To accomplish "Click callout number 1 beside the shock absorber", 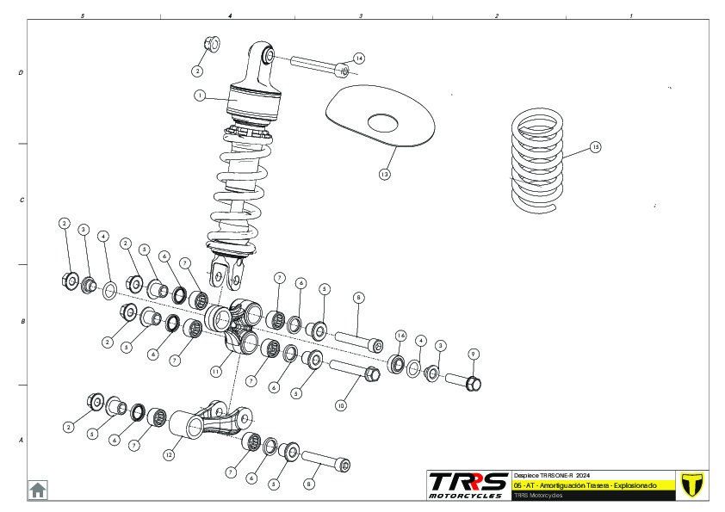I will coord(199,96).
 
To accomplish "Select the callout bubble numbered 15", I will coord(595,147).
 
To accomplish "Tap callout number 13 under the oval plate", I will coord(384,174).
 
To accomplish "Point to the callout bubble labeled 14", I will coord(359,59).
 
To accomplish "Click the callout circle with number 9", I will coord(474,354).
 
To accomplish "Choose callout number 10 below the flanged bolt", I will coord(341,404).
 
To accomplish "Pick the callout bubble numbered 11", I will coord(216,371).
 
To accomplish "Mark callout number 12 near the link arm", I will coord(169,455).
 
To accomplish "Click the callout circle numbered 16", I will coord(400,335).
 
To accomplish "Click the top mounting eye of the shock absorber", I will coord(266,56).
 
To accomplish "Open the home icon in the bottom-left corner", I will coord(38,490).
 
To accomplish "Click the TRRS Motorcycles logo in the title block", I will coord(468,484).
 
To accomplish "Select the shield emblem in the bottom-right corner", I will coord(690,484).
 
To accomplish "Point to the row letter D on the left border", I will coord(21,73).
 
